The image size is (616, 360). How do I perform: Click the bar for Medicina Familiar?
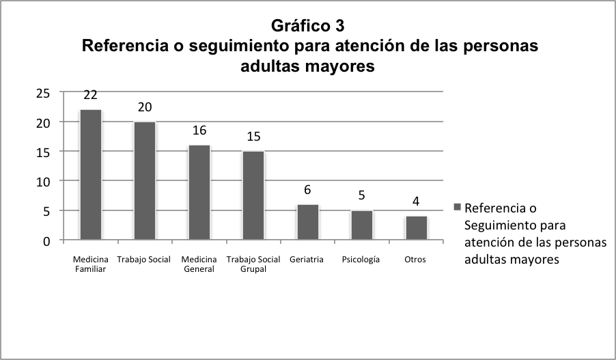pos(91,175)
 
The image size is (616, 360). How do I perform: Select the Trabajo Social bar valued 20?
pos(145,181)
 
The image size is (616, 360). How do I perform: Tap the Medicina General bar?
pos(199,193)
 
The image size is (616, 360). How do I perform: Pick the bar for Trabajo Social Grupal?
pos(253,195)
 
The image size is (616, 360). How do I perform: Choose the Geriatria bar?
pos(307,222)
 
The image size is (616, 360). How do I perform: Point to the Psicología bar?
pos(362,225)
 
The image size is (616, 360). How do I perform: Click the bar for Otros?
pos(416,228)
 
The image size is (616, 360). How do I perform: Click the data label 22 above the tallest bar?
pos(91,95)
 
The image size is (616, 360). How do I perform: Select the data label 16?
pos(199,130)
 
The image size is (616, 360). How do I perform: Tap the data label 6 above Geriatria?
pos(307,190)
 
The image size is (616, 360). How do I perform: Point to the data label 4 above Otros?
pos(416,202)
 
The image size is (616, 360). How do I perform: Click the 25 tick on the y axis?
pos(44,94)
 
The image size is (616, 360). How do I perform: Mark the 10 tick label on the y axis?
pos(44,182)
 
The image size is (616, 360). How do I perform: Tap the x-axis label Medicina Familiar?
pos(90,264)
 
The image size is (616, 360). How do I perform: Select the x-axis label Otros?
pos(415,260)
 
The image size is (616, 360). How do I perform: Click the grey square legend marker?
pos(458,207)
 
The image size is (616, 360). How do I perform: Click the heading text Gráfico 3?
pos(307,26)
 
